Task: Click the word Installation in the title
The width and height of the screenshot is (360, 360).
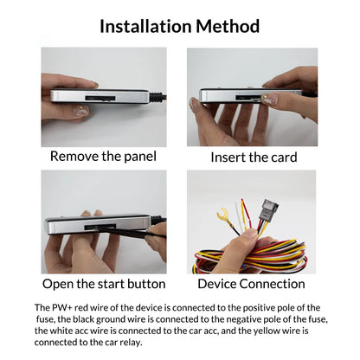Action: pos(145,26)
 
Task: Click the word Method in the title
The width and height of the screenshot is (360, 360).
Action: pos(228,26)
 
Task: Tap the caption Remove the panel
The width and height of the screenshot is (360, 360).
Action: pos(103,157)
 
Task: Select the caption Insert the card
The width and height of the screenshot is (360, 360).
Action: pos(254,157)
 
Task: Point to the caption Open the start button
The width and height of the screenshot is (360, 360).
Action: pos(104,284)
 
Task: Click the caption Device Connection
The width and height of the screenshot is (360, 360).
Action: pos(251,284)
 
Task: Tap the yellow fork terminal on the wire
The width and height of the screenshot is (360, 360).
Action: pos(223,214)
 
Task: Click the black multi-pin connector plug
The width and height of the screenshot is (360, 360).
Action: pos(268,210)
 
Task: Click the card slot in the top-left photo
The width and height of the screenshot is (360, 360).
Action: pos(100,98)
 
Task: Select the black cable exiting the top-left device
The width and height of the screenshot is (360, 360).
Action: pos(158,97)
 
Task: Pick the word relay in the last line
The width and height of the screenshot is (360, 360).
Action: pos(132,343)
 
